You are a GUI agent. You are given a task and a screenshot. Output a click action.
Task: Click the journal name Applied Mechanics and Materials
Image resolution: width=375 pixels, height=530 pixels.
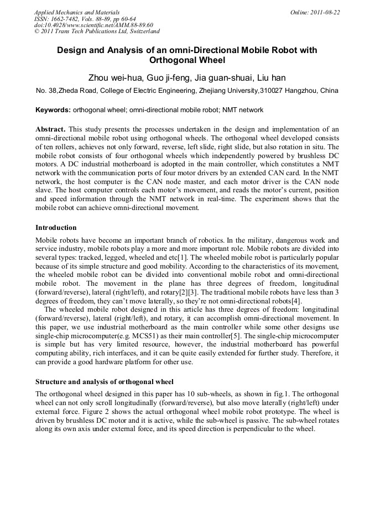click(x=76, y=12)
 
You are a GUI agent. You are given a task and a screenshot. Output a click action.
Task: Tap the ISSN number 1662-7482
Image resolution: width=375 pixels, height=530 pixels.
click(x=69, y=19)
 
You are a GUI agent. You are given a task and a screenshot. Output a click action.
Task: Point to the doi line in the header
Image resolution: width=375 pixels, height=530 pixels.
click(x=93, y=25)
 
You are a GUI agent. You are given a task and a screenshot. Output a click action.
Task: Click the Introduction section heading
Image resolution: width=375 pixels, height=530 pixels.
click(x=56, y=227)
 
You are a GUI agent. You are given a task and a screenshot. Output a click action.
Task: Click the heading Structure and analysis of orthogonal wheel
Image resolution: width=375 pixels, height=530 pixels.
click(x=105, y=381)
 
